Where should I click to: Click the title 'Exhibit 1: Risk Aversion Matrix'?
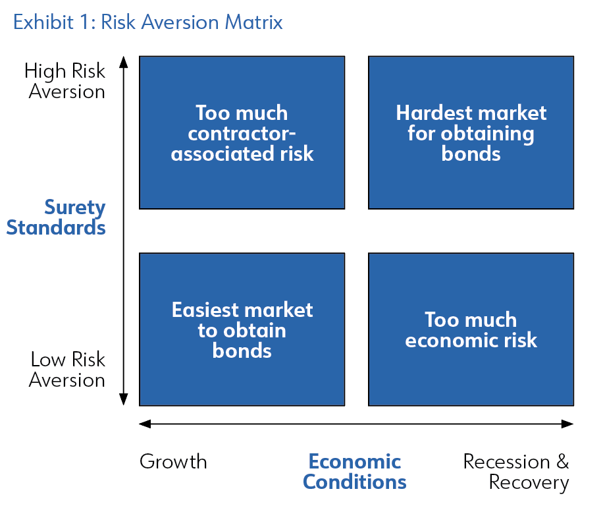(x=148, y=22)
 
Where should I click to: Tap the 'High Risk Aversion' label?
(x=65, y=81)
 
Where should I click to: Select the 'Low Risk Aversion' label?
(x=67, y=370)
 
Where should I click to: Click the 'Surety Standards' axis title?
(x=56, y=217)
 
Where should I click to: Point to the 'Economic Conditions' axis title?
(x=355, y=472)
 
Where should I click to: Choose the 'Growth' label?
(x=173, y=461)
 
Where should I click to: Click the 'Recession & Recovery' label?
(x=516, y=472)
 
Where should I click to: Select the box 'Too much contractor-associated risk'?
(x=242, y=133)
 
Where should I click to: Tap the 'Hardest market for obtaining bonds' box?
(x=471, y=133)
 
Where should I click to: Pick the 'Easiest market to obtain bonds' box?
(x=242, y=329)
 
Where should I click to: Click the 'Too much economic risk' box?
(x=471, y=329)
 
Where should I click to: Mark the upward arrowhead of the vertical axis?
(x=124, y=62)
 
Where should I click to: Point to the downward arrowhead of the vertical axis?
(x=124, y=399)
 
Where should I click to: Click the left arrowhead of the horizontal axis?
(x=145, y=424)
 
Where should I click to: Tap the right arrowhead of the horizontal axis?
(x=567, y=424)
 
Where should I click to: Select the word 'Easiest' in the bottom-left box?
(x=205, y=310)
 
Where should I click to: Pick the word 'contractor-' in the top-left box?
(x=242, y=134)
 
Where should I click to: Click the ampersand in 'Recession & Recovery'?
(x=563, y=461)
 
